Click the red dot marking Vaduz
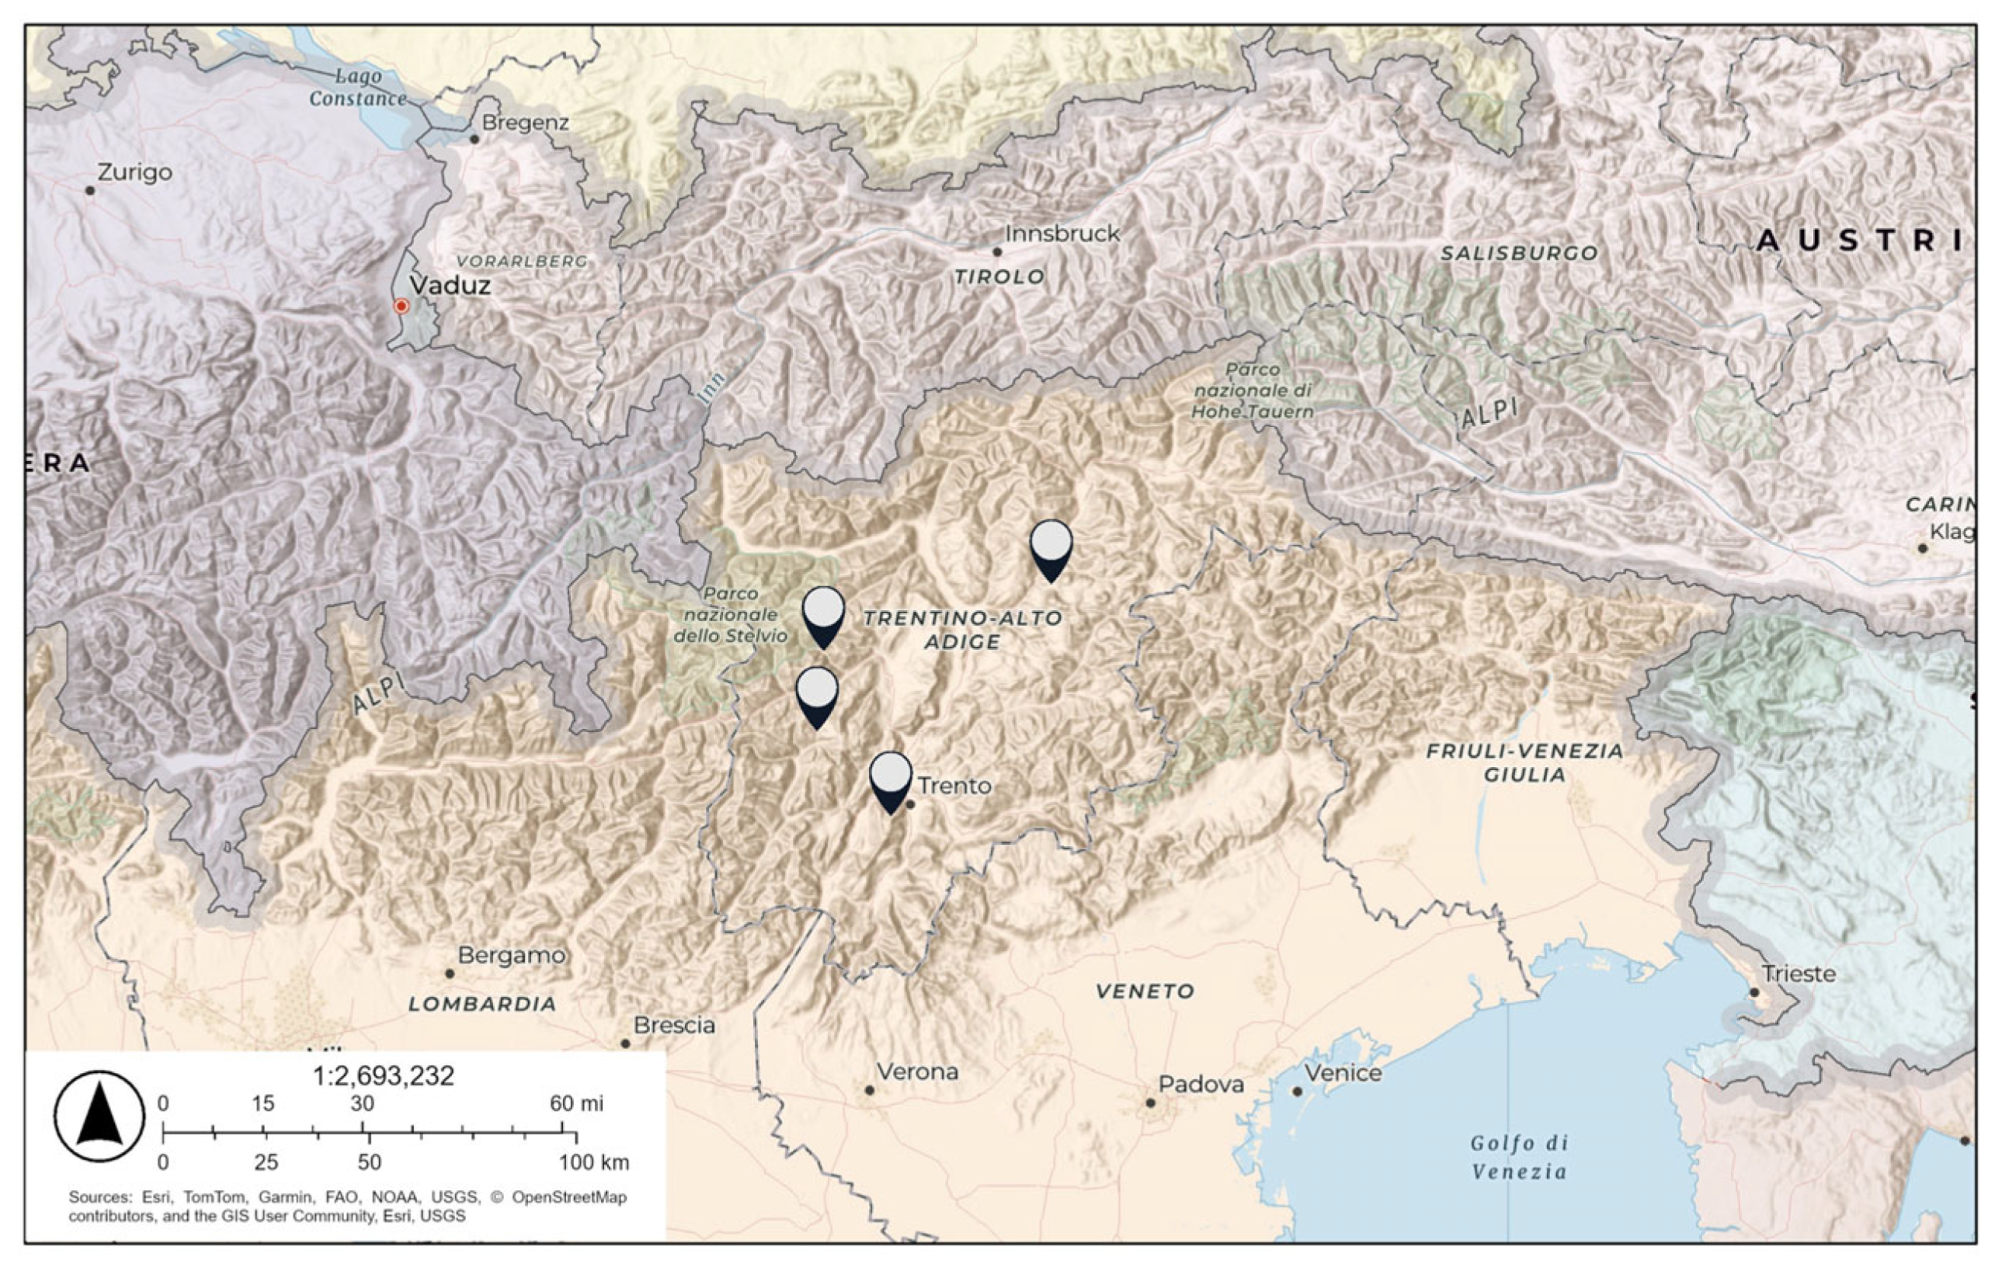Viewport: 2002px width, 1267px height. click(401, 306)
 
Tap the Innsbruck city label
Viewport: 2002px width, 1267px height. click(1062, 234)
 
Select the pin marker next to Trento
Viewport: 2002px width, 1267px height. click(891, 781)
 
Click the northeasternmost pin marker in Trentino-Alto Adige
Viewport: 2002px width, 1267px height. click(1051, 550)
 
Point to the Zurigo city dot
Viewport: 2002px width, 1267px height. click(90, 190)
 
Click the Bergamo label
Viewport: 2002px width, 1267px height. click(511, 955)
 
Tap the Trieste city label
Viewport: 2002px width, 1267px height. click(1799, 974)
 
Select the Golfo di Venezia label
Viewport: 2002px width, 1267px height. click(1518, 1158)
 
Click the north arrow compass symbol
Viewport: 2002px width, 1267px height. click(99, 1116)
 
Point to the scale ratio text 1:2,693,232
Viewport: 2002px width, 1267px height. click(384, 1077)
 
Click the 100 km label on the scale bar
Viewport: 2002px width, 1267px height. click(593, 1162)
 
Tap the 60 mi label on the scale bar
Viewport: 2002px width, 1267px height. click(576, 1103)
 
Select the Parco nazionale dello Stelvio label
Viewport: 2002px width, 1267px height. click(730, 615)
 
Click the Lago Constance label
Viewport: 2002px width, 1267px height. click(357, 87)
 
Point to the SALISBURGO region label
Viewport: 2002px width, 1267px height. click(1518, 253)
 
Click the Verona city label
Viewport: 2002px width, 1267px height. click(917, 1071)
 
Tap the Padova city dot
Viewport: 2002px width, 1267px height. click(1150, 1102)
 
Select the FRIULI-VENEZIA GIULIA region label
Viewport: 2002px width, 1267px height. click(1524, 762)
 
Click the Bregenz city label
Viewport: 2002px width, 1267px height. click(525, 123)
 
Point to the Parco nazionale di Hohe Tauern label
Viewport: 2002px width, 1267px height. click(1252, 390)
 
